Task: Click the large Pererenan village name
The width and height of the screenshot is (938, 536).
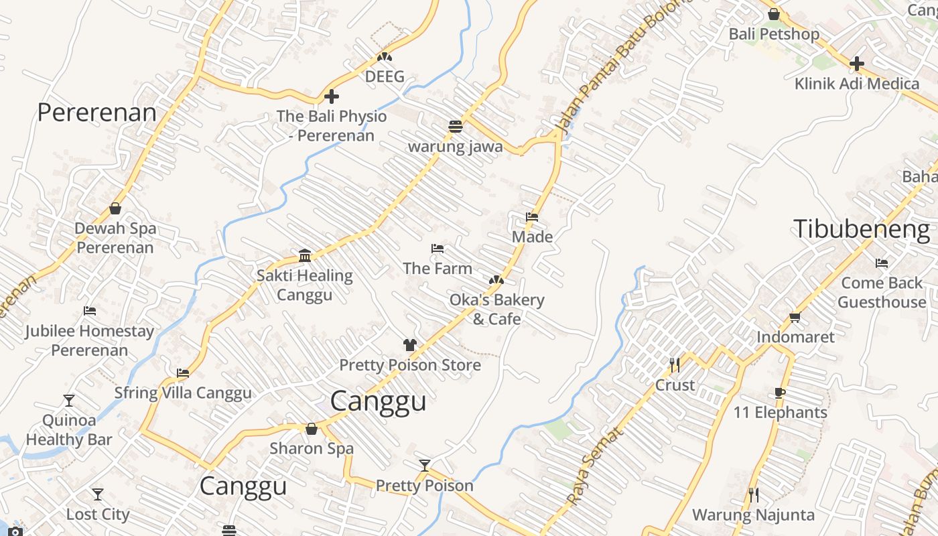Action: [x=96, y=113]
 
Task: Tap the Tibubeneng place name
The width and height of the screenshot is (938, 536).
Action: [x=862, y=229]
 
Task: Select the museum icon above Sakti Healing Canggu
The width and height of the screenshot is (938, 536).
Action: [x=305, y=255]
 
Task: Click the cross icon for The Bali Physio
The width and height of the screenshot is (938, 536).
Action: [x=331, y=97]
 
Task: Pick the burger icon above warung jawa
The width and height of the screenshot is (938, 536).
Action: [x=456, y=127]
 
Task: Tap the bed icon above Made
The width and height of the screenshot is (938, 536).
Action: [x=532, y=217]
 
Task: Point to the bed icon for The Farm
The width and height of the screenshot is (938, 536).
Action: [x=438, y=249]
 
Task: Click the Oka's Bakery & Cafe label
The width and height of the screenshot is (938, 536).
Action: [x=496, y=309]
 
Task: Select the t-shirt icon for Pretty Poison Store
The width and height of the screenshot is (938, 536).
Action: [x=410, y=345]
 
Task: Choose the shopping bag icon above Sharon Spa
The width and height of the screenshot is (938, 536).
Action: [x=311, y=429]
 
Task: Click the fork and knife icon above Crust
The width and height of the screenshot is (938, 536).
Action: [x=675, y=365]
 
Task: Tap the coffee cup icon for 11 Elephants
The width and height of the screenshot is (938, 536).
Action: [x=779, y=393]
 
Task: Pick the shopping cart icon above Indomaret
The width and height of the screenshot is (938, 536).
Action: [x=795, y=317]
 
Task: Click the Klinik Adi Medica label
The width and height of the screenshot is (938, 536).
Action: [x=856, y=84]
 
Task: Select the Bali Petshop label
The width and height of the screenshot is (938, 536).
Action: [x=774, y=34]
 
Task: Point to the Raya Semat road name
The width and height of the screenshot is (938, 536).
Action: [x=594, y=466]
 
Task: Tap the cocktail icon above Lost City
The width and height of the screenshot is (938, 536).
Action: [x=98, y=494]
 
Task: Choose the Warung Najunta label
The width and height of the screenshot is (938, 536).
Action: [x=753, y=515]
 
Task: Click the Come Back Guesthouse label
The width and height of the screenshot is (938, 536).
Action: [x=882, y=293]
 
